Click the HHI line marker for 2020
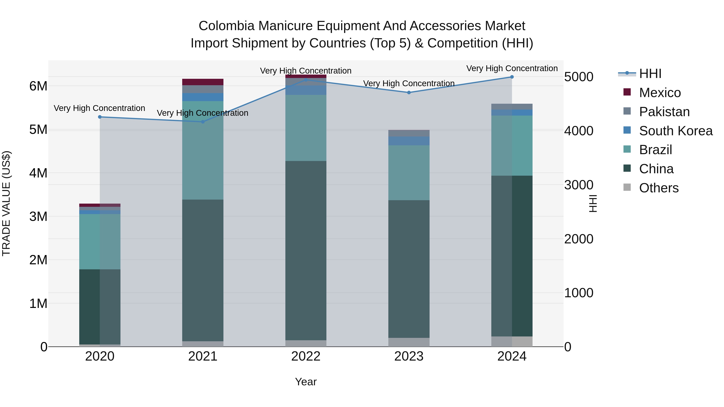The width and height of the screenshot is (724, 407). pyautogui.click(x=100, y=117)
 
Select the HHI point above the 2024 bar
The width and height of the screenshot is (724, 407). pyautogui.click(x=512, y=77)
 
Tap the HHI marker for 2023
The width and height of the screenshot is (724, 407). pyautogui.click(x=409, y=92)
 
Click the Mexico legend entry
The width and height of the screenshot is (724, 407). pyautogui.click(x=660, y=93)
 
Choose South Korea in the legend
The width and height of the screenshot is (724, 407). pyautogui.click(x=676, y=131)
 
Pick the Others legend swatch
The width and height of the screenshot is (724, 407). pyautogui.click(x=627, y=187)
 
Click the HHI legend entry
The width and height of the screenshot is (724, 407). pyautogui.click(x=650, y=74)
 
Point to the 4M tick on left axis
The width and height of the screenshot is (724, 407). pyautogui.click(x=38, y=173)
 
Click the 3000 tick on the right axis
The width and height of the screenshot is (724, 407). pyautogui.click(x=579, y=185)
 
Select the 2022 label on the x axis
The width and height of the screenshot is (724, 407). pyautogui.click(x=306, y=356)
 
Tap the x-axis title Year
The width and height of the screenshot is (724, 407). pyautogui.click(x=306, y=382)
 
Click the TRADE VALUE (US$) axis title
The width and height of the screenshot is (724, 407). pyautogui.click(x=6, y=203)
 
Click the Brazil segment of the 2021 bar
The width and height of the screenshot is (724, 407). pyautogui.click(x=203, y=150)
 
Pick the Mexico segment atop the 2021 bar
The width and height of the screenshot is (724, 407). pyautogui.click(x=203, y=82)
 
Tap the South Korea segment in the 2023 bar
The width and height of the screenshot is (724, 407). pyautogui.click(x=409, y=141)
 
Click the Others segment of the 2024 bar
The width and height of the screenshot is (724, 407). pyautogui.click(x=512, y=341)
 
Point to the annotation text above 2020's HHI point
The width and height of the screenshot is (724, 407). pyautogui.click(x=100, y=108)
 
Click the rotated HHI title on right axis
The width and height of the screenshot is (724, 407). pyautogui.click(x=593, y=203)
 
